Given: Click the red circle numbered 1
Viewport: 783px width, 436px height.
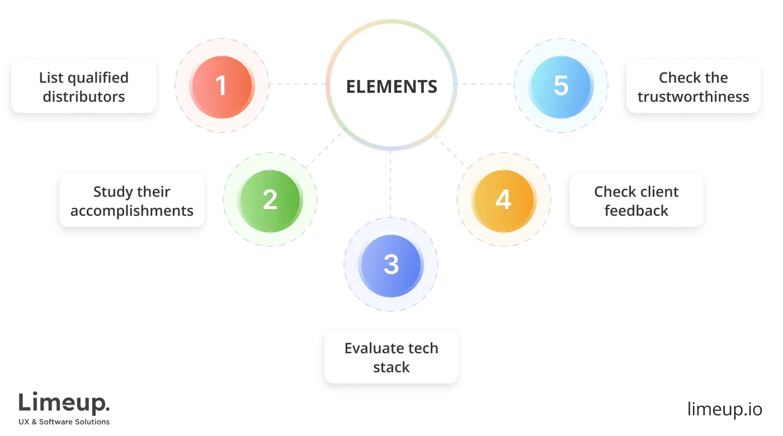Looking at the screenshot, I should (221, 86).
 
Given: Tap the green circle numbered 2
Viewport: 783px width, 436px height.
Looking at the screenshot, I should (270, 200).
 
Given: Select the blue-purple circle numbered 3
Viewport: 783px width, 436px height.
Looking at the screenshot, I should (391, 264).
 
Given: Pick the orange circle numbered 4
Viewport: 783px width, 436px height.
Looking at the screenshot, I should (503, 200).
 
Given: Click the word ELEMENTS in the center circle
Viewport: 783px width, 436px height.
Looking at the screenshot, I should (391, 87).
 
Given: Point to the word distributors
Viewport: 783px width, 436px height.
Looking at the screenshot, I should (84, 97).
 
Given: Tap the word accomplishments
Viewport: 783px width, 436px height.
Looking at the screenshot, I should (132, 211).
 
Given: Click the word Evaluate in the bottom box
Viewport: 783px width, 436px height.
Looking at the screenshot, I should (367, 348).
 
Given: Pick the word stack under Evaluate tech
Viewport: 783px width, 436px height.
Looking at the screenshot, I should (391, 367).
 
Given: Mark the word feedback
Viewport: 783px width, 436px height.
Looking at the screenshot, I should (636, 211).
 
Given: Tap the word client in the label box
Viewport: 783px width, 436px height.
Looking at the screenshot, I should (659, 192).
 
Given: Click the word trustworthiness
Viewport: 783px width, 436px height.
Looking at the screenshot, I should (694, 97).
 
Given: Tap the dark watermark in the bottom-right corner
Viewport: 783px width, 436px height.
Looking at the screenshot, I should (724, 407).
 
